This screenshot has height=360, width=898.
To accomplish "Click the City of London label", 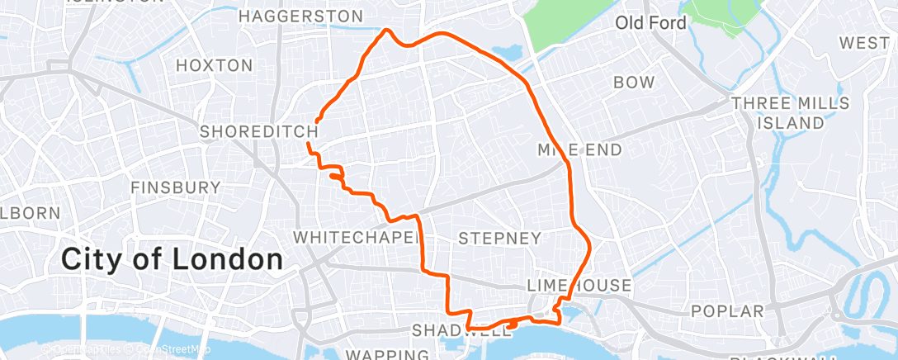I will (172, 259).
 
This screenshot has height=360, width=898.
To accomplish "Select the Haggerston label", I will (300, 17).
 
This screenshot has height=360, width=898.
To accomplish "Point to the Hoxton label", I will (215, 65).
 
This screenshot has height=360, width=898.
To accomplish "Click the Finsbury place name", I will (176, 187).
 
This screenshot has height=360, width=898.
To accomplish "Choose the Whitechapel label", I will (357, 237).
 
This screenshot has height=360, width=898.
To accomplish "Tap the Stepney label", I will (499, 238).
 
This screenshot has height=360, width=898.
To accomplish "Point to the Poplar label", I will (729, 311).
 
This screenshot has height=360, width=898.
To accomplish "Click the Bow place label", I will (634, 83).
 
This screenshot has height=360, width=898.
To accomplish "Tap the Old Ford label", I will (650, 23).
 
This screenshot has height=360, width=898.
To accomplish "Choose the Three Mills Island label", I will (790, 113).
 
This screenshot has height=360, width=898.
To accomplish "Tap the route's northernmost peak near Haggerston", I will (386, 31).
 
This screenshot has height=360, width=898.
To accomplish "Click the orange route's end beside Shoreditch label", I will (318, 121).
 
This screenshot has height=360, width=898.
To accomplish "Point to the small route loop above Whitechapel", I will (336, 175).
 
